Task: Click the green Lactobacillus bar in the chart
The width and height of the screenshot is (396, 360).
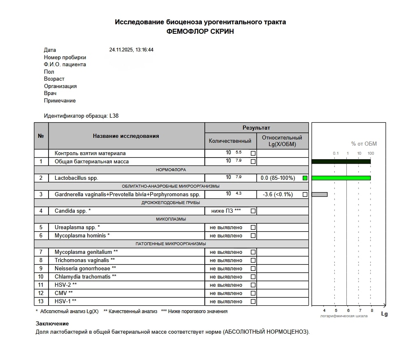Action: click(x=341, y=178)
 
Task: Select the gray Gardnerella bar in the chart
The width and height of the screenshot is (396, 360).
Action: click(x=320, y=194)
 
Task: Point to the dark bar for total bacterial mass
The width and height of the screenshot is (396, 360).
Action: click(x=341, y=161)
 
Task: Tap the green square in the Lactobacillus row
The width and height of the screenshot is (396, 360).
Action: click(x=305, y=178)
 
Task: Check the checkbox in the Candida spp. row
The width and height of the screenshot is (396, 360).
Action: click(x=253, y=211)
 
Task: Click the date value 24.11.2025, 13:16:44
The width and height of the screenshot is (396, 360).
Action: click(x=131, y=50)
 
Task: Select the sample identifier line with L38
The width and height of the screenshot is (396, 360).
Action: click(x=81, y=116)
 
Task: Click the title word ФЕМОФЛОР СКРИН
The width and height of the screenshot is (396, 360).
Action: click(x=200, y=32)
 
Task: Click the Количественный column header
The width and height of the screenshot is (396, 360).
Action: click(x=230, y=141)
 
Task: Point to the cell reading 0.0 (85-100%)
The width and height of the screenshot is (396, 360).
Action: click(x=278, y=178)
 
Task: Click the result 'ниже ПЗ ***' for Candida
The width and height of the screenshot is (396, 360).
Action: click(x=226, y=211)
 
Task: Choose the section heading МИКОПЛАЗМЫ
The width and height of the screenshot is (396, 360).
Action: click(x=171, y=219)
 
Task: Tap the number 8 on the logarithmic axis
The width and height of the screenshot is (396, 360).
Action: click(x=371, y=310)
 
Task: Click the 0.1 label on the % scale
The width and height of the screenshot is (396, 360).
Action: click(x=336, y=153)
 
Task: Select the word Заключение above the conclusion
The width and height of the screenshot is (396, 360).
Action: click(x=52, y=324)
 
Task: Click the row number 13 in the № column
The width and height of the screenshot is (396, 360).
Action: click(x=41, y=302)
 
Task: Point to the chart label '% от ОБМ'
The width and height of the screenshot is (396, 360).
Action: click(x=364, y=144)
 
